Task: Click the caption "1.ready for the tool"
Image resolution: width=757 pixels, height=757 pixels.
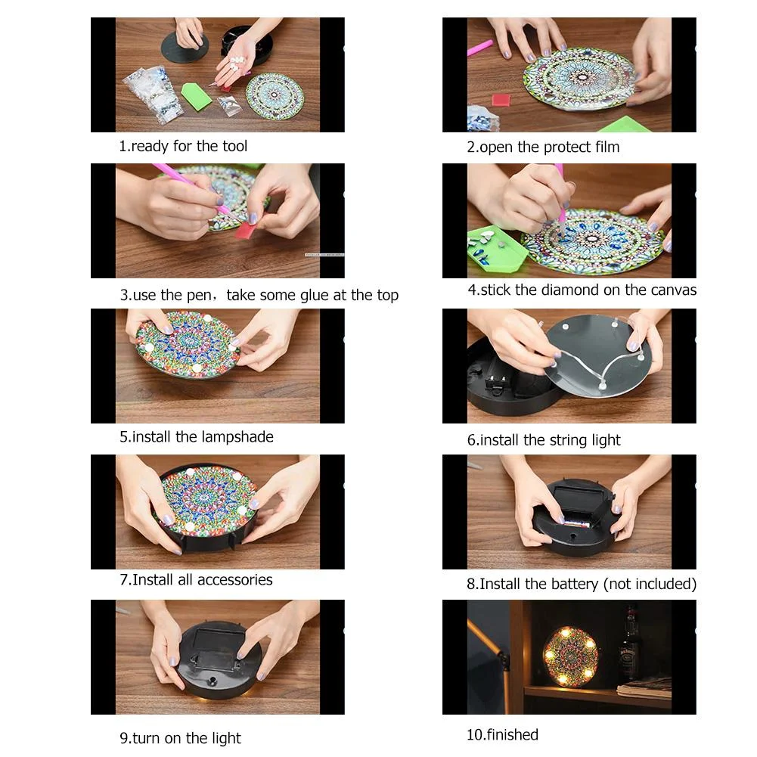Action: click(x=183, y=146)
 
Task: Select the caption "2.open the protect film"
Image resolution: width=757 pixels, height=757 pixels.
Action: click(x=542, y=147)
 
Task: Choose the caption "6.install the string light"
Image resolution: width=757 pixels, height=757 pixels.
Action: click(x=543, y=440)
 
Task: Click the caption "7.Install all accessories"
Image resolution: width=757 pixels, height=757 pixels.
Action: click(x=196, y=580)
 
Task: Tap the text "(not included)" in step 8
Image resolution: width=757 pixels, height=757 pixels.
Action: click(x=650, y=584)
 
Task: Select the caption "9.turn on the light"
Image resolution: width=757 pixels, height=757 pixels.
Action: click(x=180, y=738)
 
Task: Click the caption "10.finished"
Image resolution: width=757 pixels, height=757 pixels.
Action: click(x=502, y=734)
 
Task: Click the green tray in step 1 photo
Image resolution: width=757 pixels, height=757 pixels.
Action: click(x=196, y=96)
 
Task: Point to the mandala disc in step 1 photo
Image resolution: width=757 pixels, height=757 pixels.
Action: click(x=275, y=95)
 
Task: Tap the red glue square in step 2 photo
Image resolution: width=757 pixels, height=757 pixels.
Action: click(x=501, y=100)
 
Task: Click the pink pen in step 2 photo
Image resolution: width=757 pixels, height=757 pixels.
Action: click(x=479, y=48)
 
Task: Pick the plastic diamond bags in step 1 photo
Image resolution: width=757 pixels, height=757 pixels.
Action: click(x=155, y=93)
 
